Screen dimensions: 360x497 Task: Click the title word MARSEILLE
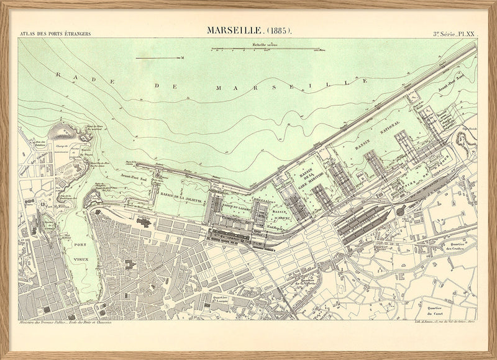tap(235, 30)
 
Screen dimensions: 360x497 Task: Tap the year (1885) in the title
tap(278, 30)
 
